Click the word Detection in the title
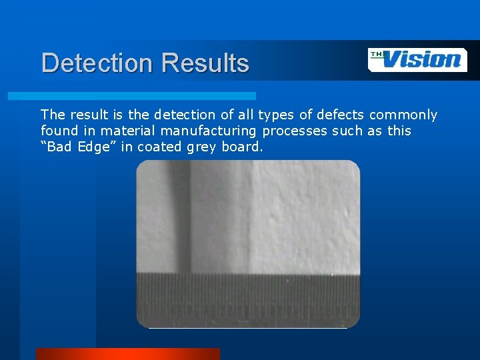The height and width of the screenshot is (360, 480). coord(97,63)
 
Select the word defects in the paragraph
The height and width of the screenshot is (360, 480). coord(340,115)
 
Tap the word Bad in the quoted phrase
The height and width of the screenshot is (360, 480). coord(61,147)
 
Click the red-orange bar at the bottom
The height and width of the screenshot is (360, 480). coord(127,353)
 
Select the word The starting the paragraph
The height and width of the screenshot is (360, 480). coord(53,115)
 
